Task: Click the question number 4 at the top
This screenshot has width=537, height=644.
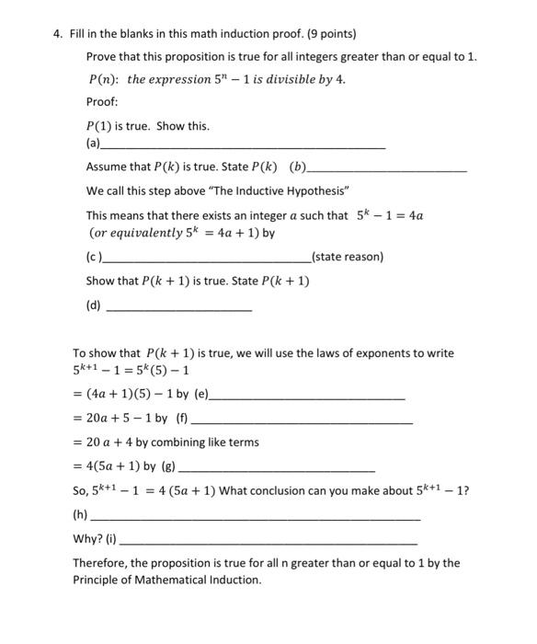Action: coord(57,34)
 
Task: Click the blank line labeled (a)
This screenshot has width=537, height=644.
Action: coord(244,146)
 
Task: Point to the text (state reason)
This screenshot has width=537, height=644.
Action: coord(348,257)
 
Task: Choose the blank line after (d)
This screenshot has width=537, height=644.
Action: coord(179,309)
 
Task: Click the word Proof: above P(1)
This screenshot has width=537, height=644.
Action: coord(102,102)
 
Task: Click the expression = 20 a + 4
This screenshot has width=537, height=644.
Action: coord(107,443)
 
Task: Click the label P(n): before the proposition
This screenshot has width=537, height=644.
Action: coord(104,79)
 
